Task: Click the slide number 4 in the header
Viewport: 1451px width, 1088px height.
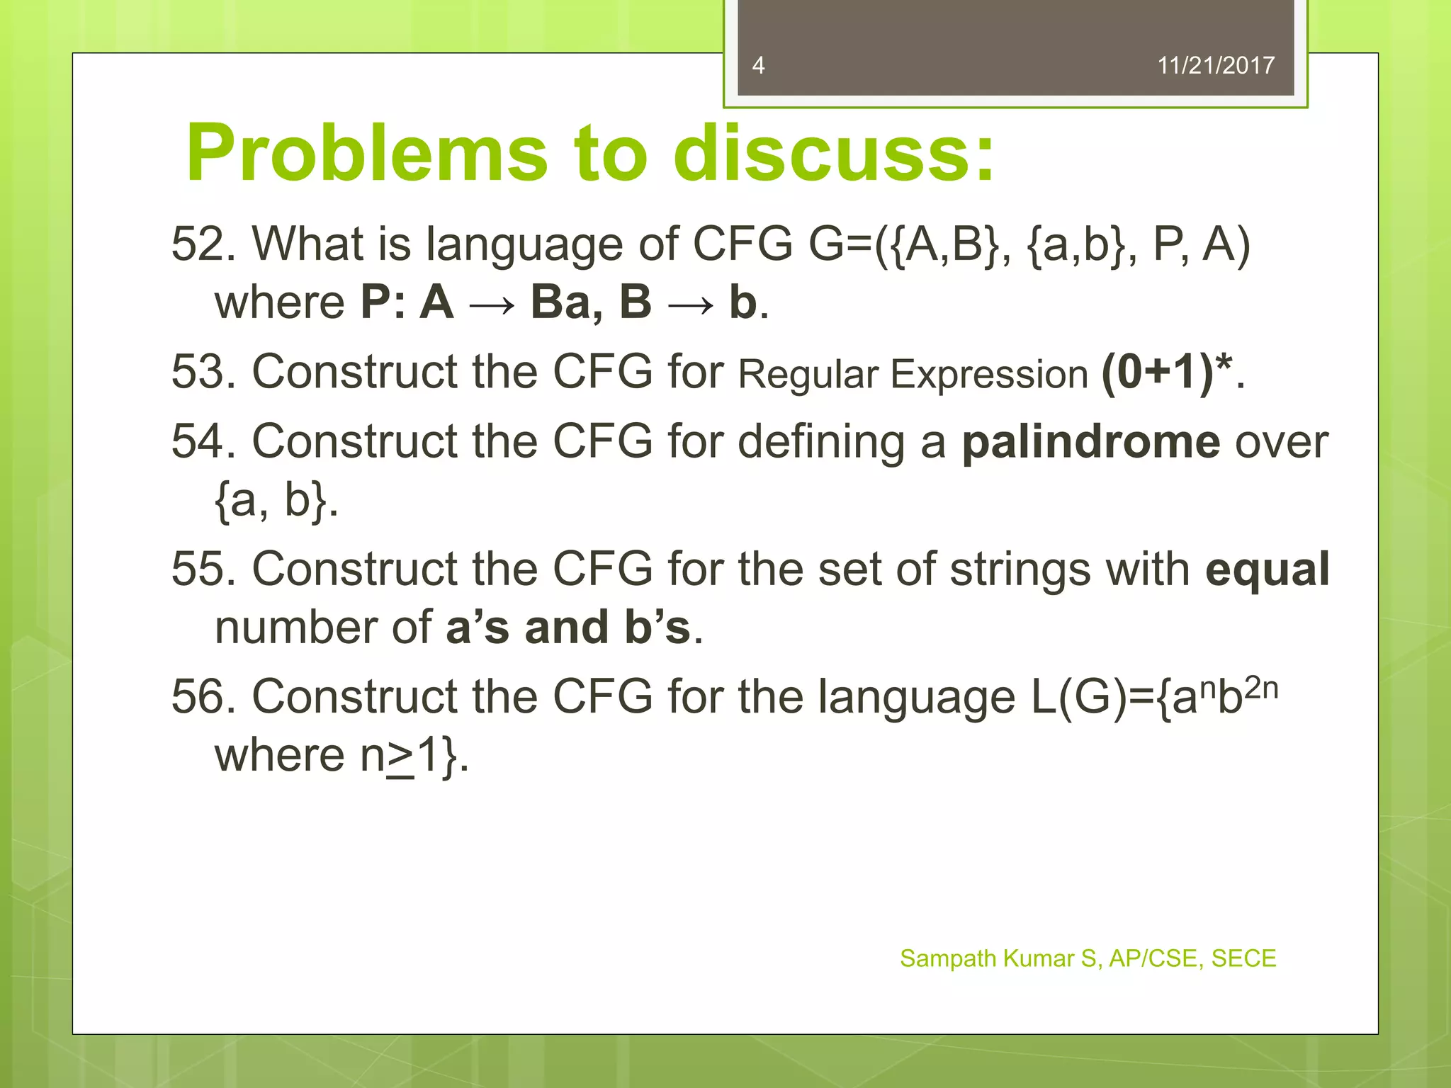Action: click(758, 66)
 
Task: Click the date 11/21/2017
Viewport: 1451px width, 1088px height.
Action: click(1215, 66)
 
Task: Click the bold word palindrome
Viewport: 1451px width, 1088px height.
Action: click(1090, 442)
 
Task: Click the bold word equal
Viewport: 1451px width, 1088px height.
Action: click(1267, 569)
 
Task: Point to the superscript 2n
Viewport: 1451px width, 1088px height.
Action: click(1261, 688)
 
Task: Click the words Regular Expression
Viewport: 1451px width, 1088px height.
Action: click(913, 375)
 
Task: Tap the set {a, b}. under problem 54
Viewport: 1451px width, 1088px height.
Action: click(275, 500)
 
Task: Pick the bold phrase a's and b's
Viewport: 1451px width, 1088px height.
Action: click(568, 628)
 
